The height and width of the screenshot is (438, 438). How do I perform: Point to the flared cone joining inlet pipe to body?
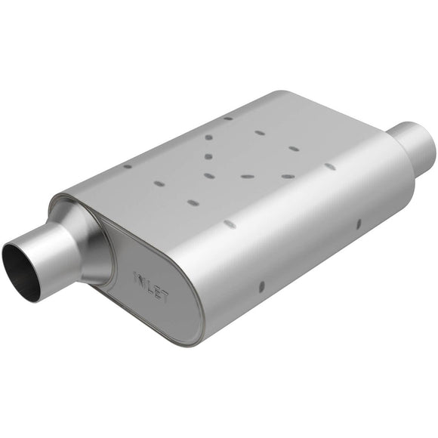pyautogui.click(x=83, y=242)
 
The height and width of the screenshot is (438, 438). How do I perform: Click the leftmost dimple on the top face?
pyautogui.click(x=127, y=166)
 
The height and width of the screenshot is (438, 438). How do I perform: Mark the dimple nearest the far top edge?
pyautogui.click(x=228, y=119)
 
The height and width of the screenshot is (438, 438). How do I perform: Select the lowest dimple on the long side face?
pyautogui.click(x=261, y=286)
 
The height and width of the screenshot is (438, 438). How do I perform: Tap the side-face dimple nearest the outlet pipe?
pyautogui.click(x=359, y=223)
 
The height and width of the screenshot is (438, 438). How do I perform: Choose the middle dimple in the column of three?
pyautogui.click(x=208, y=157)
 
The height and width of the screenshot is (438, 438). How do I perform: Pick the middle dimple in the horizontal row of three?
pyautogui.click(x=248, y=176)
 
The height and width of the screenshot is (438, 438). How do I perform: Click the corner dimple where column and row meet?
pyautogui.click(x=209, y=175)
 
